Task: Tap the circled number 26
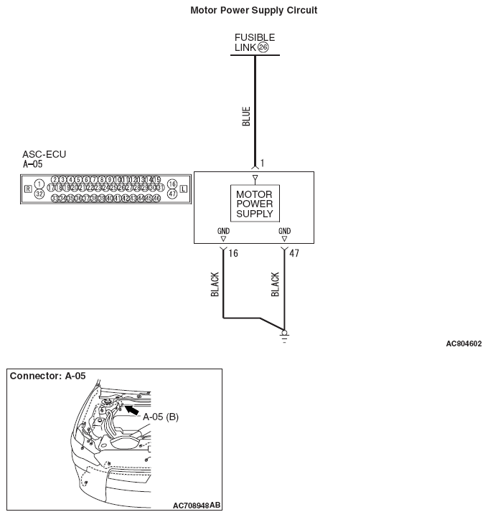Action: (x=263, y=48)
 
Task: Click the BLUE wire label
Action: (x=246, y=116)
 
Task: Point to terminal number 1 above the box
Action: (x=263, y=164)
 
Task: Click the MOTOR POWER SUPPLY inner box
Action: (x=254, y=204)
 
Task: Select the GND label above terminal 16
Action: (x=224, y=232)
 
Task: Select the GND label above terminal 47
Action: (x=284, y=232)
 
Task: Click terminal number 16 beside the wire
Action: (x=233, y=253)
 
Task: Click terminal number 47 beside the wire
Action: (x=294, y=253)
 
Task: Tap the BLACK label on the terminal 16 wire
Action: (x=215, y=285)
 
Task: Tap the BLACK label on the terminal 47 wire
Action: (x=275, y=285)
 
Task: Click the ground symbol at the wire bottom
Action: (x=285, y=335)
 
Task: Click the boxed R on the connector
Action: (x=27, y=189)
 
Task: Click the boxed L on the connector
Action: (x=184, y=189)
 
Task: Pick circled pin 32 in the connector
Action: (x=39, y=194)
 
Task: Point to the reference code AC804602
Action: (x=464, y=344)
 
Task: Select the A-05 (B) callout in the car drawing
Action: (x=160, y=417)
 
